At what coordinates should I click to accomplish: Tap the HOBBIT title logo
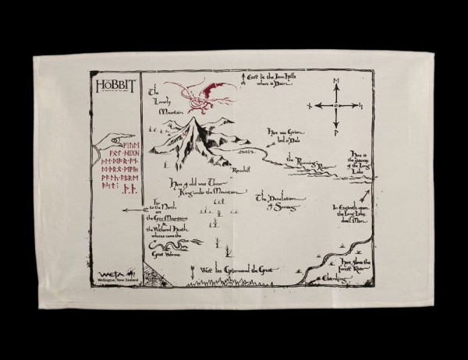click(x=109, y=83)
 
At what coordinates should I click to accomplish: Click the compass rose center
click(x=336, y=105)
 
